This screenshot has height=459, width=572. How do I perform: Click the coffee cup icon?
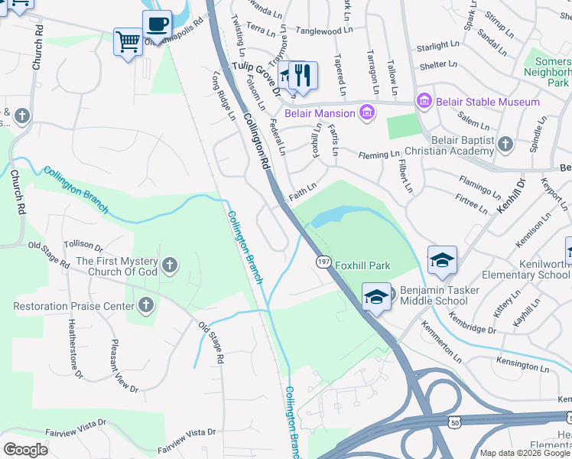click(157, 24)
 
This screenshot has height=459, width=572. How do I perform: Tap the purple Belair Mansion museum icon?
click(368, 113)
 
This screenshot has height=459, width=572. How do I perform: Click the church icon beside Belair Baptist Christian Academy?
click(505, 144)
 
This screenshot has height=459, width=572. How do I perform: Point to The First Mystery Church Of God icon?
click(170, 266)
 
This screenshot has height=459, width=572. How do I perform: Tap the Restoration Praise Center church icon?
click(145, 306)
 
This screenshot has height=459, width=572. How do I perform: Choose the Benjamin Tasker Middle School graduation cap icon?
click(375, 298)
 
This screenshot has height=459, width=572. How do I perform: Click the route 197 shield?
click(323, 262)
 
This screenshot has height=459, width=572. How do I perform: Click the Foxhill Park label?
click(362, 266)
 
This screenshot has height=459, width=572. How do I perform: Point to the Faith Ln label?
click(302, 191)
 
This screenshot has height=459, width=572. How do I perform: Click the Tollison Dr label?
click(83, 245)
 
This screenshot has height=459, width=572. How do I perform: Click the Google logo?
click(25, 450)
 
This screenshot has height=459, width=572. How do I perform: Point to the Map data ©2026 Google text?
click(524, 453)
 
